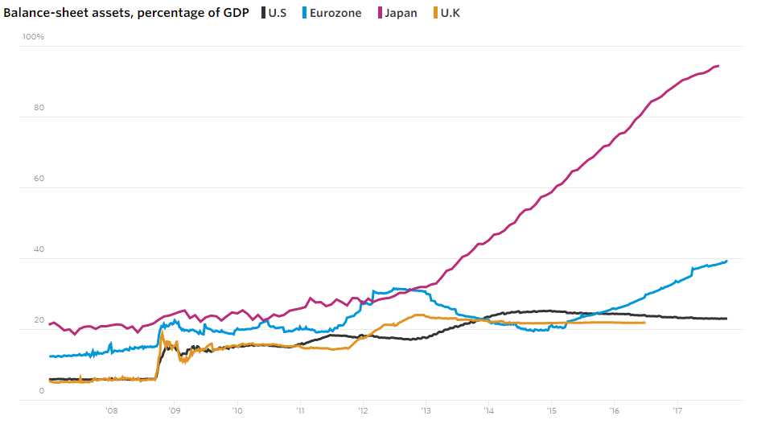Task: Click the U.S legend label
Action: tap(278, 13)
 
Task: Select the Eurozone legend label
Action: tap(335, 13)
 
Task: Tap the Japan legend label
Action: tap(401, 13)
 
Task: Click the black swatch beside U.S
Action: tap(264, 13)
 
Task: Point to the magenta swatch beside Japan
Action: tap(379, 13)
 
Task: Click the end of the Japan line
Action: tap(718, 66)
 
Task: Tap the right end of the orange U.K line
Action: tap(644, 323)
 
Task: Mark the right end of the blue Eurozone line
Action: tap(727, 261)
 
